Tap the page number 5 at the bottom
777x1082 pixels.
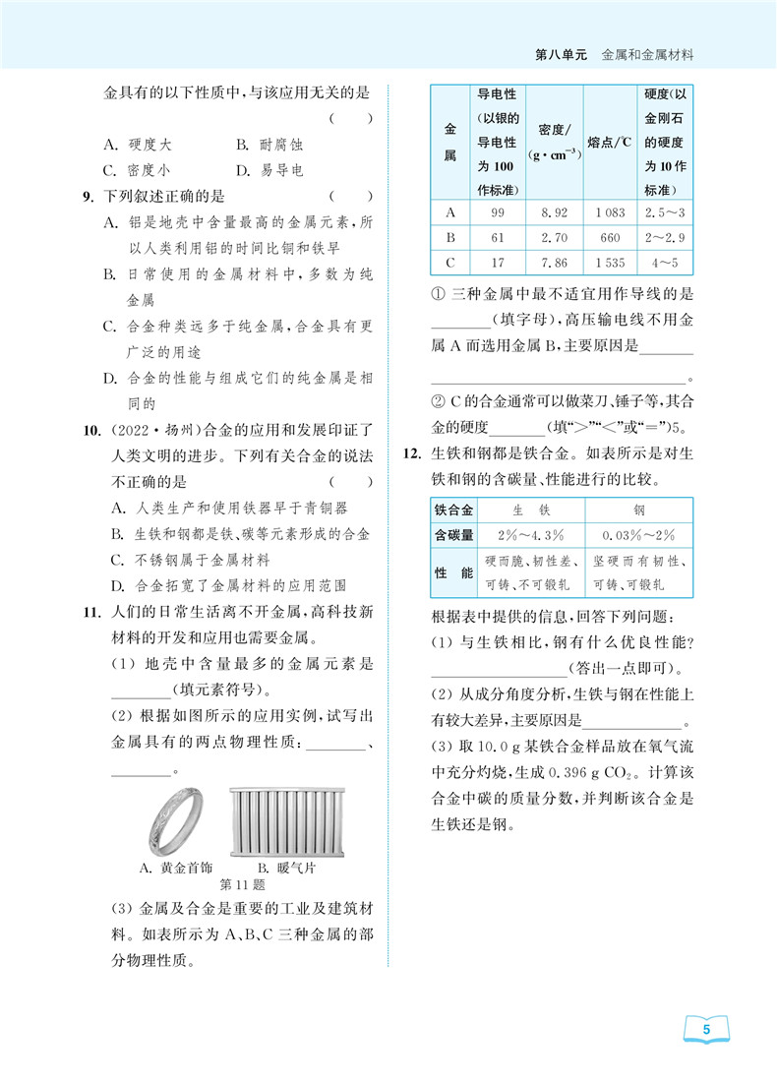click(706, 1030)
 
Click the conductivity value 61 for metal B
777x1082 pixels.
click(497, 238)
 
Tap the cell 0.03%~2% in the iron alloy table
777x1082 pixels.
click(639, 535)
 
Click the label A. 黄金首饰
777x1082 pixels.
click(175, 869)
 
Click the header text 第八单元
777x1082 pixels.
click(561, 56)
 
